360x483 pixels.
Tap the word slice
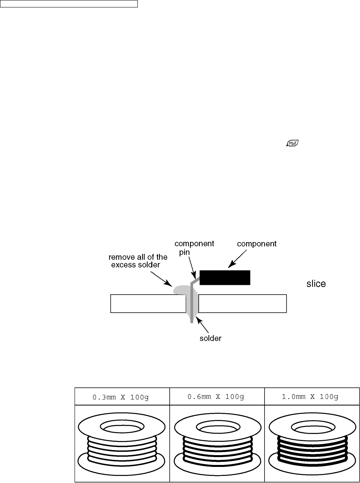316,284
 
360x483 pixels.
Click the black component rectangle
225,277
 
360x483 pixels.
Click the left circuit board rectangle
148,304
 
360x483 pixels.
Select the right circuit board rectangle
242,304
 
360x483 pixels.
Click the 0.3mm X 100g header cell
122,397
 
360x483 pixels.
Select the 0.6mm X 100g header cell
217,397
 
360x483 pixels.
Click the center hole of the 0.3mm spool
122,425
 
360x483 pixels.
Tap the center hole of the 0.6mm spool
217,425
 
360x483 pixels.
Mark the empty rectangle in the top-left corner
69,4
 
